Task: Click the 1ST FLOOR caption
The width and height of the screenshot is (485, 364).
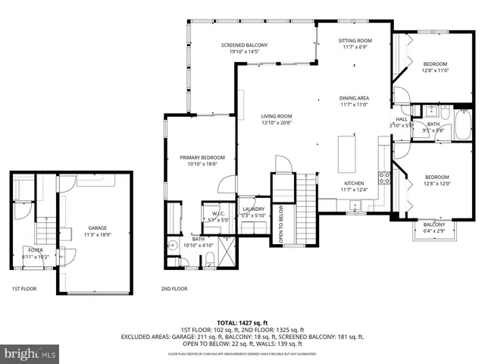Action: [26, 289]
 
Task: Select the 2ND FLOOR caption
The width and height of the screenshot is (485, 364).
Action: [174, 289]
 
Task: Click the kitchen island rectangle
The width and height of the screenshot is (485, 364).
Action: [348, 145]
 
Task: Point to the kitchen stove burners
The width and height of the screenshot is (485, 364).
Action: [384, 179]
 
